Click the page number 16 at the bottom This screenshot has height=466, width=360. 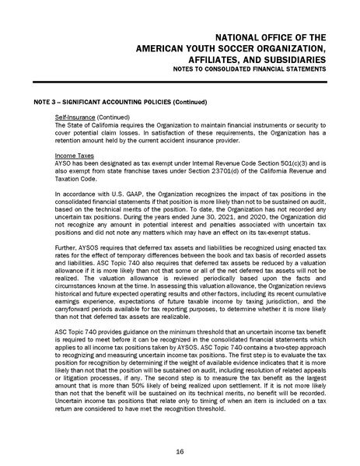180,450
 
